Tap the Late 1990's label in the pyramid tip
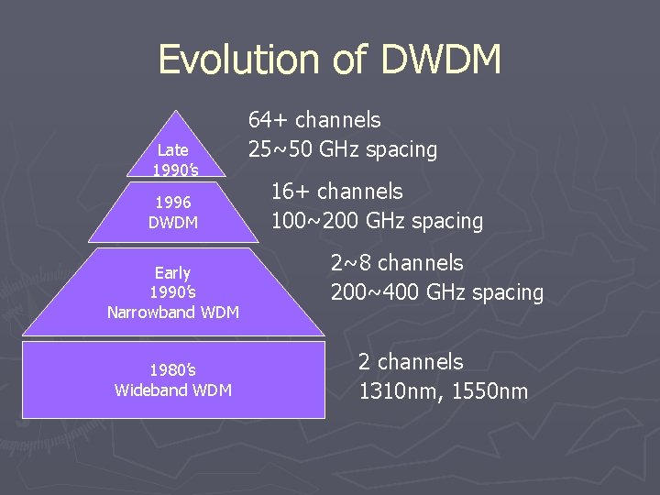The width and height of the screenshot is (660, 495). coord(172,159)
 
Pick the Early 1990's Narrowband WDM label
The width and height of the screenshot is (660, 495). coord(172,292)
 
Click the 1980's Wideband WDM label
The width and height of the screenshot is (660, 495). coord(172,380)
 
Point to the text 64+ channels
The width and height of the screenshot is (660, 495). coord(314,119)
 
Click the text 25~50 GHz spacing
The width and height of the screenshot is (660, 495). coord(343,148)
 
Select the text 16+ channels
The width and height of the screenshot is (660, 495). coord(336,191)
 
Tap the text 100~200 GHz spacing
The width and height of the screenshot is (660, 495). coord(377,220)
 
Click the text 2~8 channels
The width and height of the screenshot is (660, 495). coord(397,263)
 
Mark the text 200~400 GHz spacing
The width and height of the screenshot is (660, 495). coord(437,292)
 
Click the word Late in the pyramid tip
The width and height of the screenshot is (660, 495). coord(172,149)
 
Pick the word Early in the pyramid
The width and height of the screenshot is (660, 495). coord(172,272)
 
